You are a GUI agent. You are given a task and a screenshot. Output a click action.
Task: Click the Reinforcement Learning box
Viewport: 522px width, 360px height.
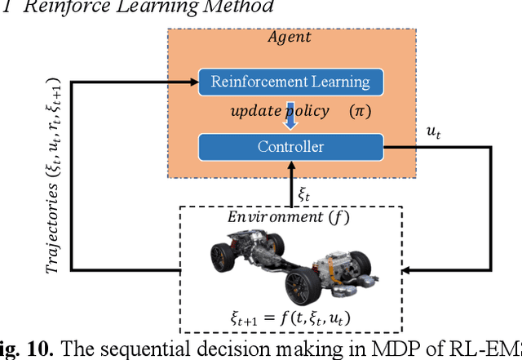[x=290, y=82]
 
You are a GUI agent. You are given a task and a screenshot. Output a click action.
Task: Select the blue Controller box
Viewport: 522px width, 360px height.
[x=290, y=148]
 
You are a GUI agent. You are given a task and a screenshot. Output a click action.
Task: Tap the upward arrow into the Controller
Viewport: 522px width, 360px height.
[x=291, y=184]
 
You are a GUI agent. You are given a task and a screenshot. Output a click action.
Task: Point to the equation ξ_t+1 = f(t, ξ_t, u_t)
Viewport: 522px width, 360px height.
[x=289, y=318]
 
